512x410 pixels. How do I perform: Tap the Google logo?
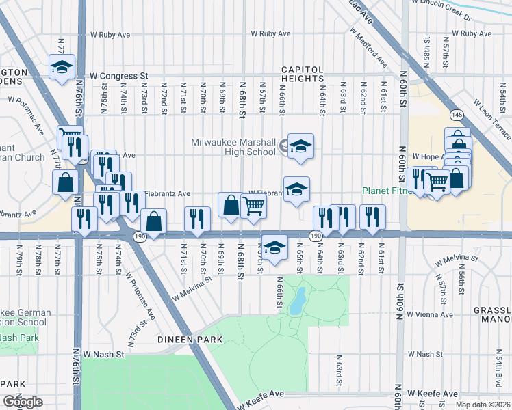click(23, 402)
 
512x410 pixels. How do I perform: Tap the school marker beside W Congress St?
click(62, 67)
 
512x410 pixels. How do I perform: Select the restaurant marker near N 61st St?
click(372, 217)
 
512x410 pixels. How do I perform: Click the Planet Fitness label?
click(388, 191)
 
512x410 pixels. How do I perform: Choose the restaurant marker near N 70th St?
click(197, 218)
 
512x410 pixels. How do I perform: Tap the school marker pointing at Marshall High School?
click(300, 146)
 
